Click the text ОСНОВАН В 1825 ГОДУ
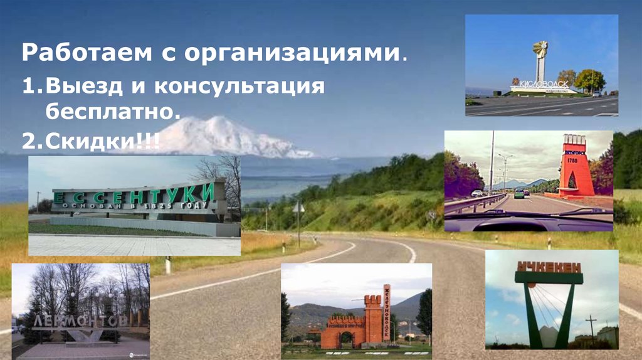tap(130, 208)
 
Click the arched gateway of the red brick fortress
tap(344, 339)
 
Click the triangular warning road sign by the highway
tap(298, 207)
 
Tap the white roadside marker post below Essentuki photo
tap(168, 265)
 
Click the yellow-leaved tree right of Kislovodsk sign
tap(590, 80)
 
